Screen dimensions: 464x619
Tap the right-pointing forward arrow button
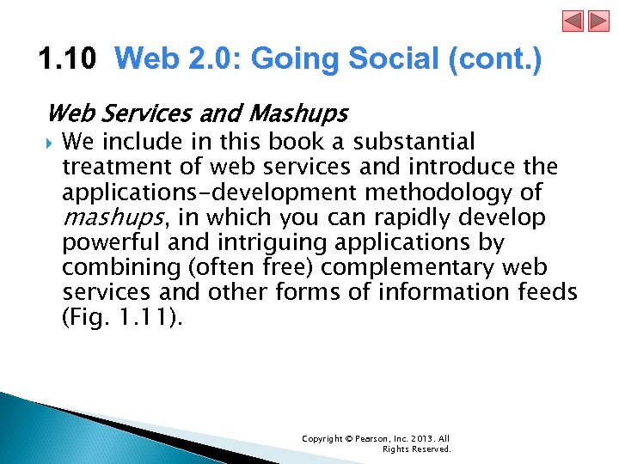pyautogui.click(x=598, y=21)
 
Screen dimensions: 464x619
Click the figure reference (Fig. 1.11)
pyautogui.click(x=121, y=316)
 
